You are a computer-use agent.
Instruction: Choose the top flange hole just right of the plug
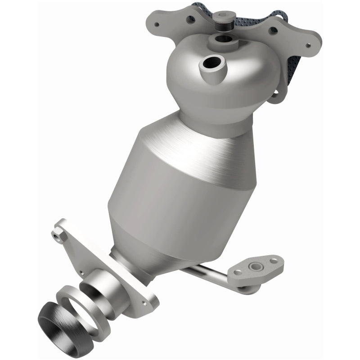[x=273, y=30]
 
